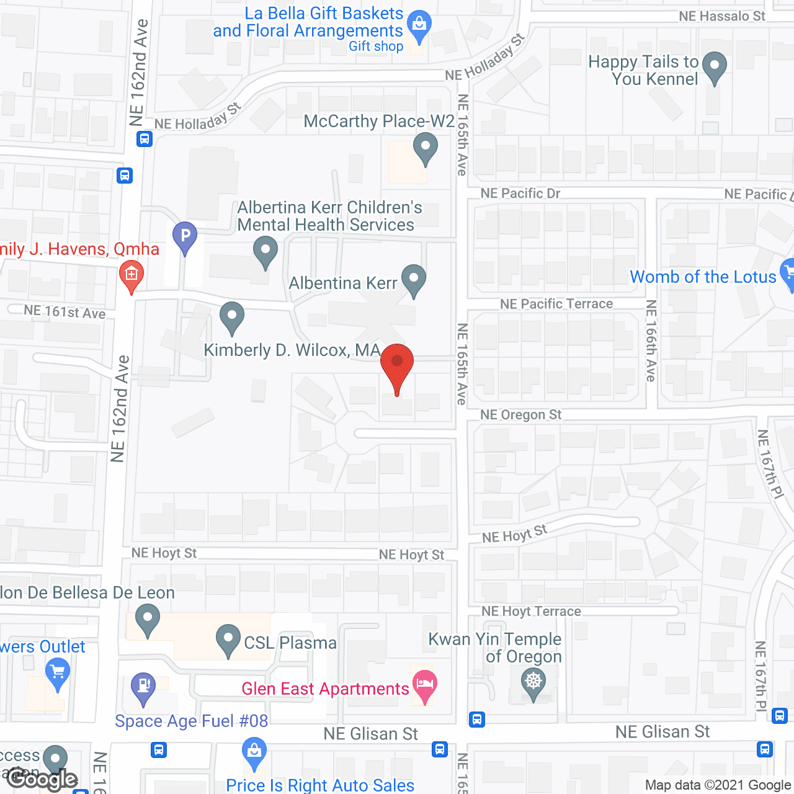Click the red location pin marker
coord(397,363)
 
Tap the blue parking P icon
coord(185,236)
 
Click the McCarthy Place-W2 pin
coord(426,149)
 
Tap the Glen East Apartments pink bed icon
coord(424,685)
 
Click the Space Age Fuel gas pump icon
coord(143,687)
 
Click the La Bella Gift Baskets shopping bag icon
coord(419,25)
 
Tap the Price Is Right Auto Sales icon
coord(254,751)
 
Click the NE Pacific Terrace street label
coord(556,304)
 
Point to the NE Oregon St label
coord(520,415)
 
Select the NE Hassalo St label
coord(722,16)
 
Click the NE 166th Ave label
coord(651,341)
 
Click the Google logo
coord(42,779)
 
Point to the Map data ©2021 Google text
coord(718,785)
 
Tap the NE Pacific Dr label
coord(520,194)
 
